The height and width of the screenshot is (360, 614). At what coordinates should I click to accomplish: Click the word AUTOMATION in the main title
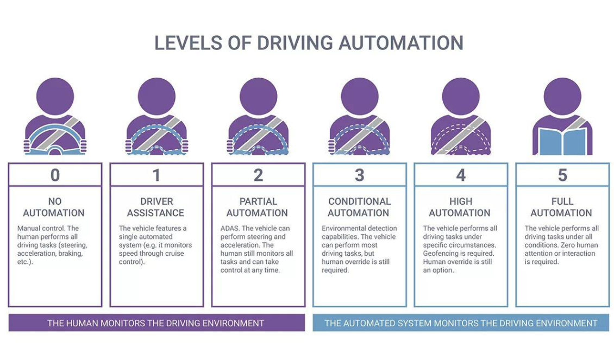tap(400, 42)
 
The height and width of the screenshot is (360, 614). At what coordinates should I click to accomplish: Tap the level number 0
tap(55, 175)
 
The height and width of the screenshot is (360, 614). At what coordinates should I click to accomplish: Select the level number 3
tap(359, 175)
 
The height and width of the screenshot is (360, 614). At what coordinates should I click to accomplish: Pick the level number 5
tap(562, 175)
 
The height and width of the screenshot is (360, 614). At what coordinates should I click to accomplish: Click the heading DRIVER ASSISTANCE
tap(156, 207)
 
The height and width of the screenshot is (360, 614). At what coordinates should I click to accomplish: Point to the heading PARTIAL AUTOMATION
tap(258, 207)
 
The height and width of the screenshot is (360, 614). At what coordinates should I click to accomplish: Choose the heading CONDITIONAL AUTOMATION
tap(359, 207)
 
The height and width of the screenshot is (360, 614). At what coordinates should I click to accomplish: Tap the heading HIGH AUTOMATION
tap(461, 207)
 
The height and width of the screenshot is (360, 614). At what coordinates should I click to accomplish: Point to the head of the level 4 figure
tap(461, 96)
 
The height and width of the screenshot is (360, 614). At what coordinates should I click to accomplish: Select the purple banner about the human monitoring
tap(156, 323)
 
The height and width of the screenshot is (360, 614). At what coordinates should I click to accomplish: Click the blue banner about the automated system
tap(461, 323)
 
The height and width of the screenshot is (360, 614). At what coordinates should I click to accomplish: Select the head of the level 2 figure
tap(258, 96)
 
